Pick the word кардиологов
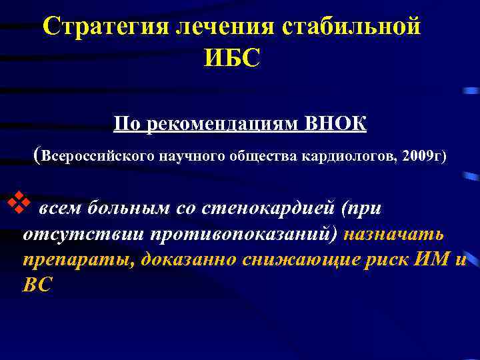tap(346, 156)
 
